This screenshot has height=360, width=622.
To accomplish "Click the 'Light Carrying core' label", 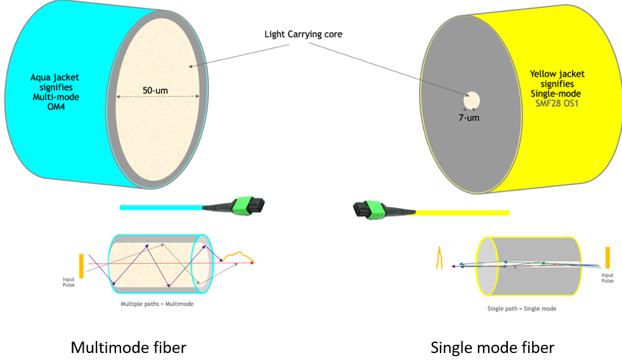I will tap(303, 34).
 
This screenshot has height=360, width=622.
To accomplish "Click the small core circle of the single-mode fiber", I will tap(472, 100).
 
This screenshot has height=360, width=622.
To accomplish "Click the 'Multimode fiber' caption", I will tap(128, 347).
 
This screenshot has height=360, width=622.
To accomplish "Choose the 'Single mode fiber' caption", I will tap(492, 347).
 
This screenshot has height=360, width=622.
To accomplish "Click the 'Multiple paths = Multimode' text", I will tap(157, 304).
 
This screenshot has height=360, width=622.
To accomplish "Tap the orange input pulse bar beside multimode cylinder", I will tap(81, 264).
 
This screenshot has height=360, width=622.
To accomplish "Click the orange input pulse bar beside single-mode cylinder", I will tap(607, 257).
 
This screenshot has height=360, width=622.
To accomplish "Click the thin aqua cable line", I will tap(159, 207).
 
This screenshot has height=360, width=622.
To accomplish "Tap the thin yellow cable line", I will tap(463, 212).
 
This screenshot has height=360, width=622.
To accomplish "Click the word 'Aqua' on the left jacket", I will tap(42, 77).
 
